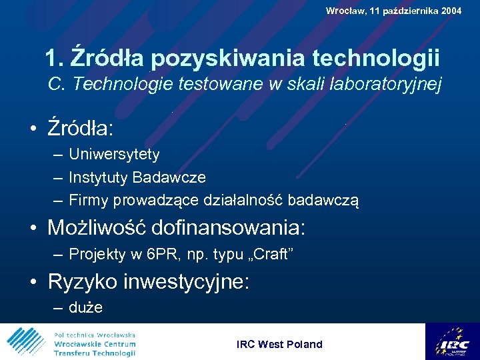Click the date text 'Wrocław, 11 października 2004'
(393, 11)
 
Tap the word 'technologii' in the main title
(374, 58)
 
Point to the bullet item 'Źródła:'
(80, 126)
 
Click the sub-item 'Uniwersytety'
(114, 155)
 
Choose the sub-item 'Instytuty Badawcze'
(137, 177)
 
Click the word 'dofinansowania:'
(229, 228)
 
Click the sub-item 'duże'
(86, 308)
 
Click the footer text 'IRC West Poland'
(279, 344)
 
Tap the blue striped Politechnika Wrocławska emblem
(26, 342)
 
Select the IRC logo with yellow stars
(452, 341)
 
